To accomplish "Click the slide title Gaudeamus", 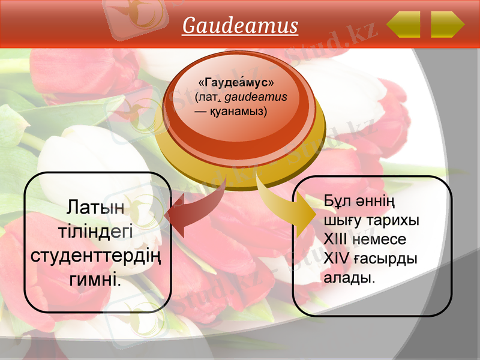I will (240, 26).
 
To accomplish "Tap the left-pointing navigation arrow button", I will (403, 24).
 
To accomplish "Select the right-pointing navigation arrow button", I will (447, 24).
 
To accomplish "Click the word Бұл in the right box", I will (336, 200).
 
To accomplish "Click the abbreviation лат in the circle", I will (213, 96).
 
